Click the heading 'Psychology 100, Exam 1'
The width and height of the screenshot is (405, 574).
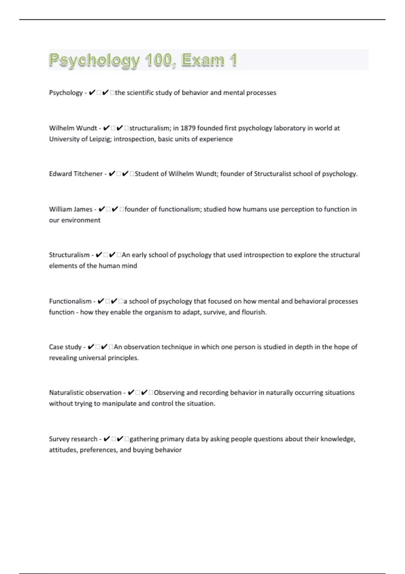(143, 60)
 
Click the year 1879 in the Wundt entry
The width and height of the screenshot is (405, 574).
(188, 128)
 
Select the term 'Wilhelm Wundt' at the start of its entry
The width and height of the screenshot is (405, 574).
(73, 128)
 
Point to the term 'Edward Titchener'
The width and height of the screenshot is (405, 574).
(76, 174)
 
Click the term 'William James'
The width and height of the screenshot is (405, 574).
(71, 209)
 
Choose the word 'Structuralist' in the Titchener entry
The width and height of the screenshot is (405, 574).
(272, 174)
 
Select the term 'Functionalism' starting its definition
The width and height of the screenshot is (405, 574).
(70, 301)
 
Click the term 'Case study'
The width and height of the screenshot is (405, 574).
(65, 347)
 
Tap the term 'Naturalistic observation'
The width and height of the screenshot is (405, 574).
(85, 393)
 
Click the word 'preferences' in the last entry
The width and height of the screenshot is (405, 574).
(98, 450)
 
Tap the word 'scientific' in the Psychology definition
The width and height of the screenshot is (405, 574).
(140, 93)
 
